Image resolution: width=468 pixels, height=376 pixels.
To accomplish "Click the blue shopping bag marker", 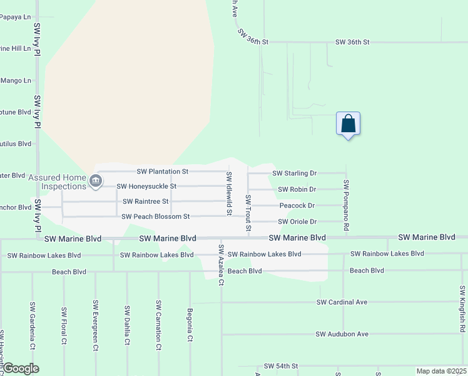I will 348,124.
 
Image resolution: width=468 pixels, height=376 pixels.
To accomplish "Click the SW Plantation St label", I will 163,171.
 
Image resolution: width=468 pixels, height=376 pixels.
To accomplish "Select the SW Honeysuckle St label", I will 146,186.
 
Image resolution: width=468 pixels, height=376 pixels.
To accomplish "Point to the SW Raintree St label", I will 146,201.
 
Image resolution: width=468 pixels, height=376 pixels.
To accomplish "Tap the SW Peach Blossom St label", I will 155,216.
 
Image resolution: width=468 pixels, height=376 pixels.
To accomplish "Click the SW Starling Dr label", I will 295,173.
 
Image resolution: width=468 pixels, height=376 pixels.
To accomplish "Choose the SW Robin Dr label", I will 297,189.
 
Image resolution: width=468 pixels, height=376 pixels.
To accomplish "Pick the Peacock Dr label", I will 297,205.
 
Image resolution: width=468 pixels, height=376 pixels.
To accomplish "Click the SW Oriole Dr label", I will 297,221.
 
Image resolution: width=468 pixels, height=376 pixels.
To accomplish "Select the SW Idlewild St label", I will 229,194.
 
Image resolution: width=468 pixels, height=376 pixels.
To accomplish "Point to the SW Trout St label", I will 248,212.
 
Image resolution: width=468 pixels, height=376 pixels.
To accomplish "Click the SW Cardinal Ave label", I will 342,302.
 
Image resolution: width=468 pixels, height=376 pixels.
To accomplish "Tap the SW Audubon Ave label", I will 342,334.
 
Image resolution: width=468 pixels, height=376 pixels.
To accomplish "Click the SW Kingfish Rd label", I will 462,308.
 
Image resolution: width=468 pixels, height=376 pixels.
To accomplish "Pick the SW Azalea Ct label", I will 221,265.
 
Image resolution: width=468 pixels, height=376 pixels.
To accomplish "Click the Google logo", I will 20,368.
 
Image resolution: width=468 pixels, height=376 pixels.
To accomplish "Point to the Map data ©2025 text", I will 440,371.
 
